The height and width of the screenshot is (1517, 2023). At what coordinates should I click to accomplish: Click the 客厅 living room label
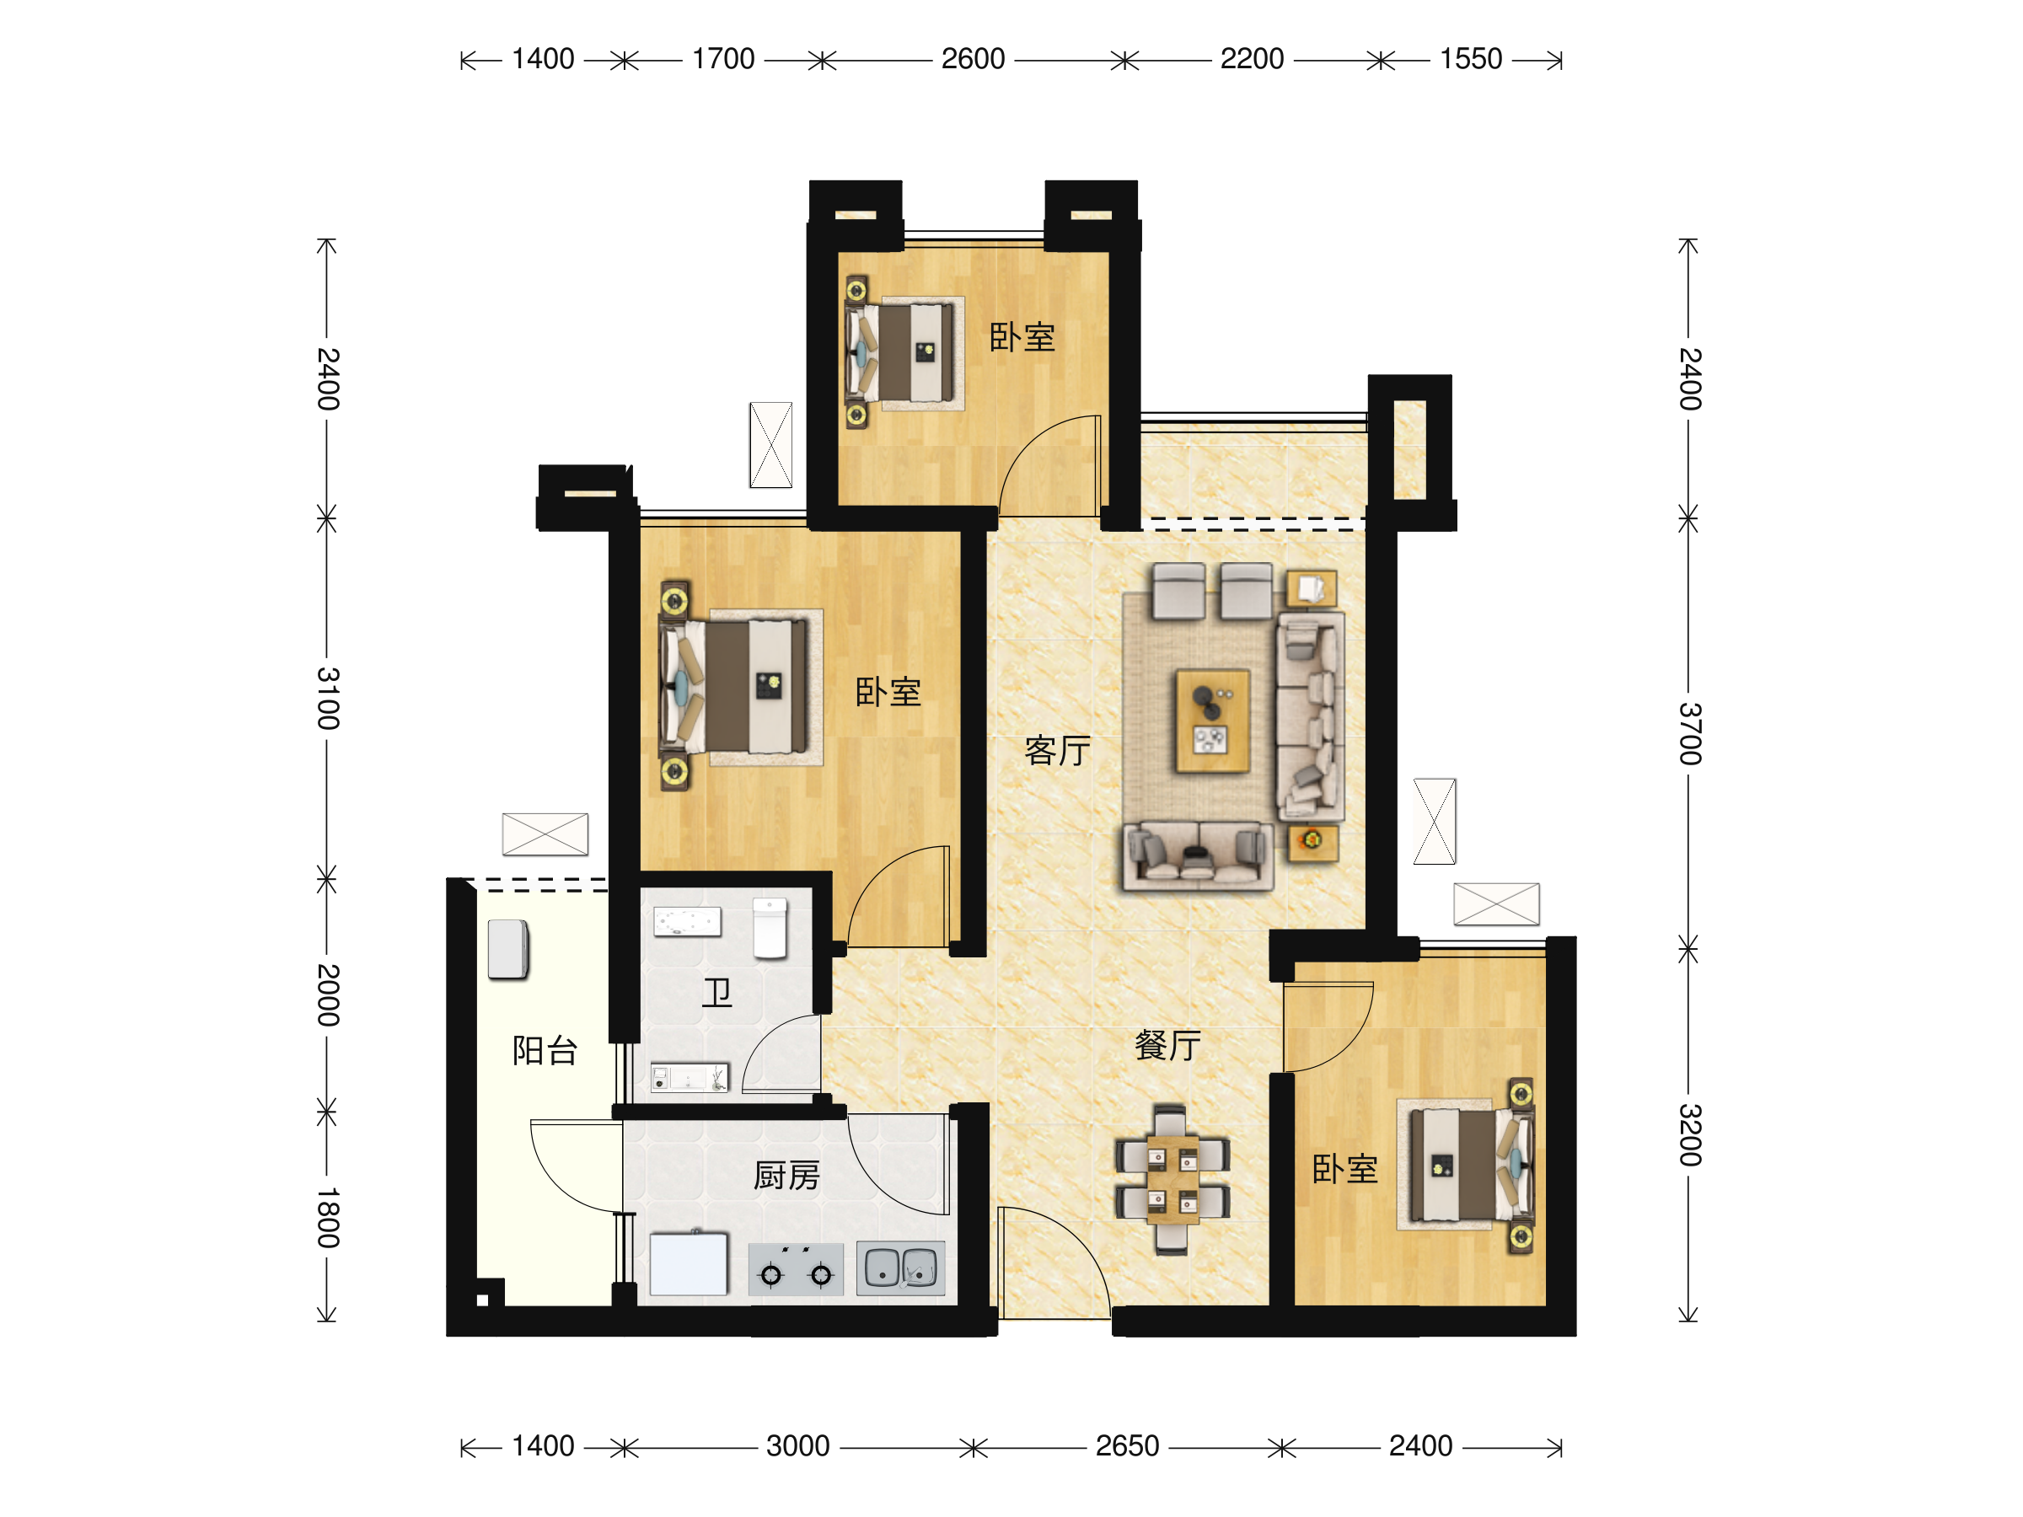[1058, 751]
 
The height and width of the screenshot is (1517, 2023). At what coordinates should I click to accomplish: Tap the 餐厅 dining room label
[1168, 1044]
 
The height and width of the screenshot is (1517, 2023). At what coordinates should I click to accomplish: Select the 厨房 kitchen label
[786, 1175]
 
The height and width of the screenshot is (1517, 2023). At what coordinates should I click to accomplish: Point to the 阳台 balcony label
[545, 1051]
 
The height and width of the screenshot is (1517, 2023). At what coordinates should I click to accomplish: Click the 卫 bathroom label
[717, 992]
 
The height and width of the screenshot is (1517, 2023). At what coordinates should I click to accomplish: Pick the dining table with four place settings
[1172, 1180]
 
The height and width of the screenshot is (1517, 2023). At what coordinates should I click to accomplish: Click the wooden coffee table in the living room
[1213, 721]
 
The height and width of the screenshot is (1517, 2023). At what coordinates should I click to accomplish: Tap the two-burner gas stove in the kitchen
[796, 1269]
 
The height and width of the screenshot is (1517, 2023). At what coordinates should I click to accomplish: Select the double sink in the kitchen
[901, 1268]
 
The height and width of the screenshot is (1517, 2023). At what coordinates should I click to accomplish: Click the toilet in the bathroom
[770, 928]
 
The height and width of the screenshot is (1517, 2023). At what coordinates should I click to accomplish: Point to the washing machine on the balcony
[508, 950]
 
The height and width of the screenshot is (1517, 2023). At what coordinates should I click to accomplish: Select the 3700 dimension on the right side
[1689, 733]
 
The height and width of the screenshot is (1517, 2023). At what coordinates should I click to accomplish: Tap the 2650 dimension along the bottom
[1128, 1445]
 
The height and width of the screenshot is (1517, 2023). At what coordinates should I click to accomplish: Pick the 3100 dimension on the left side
[327, 699]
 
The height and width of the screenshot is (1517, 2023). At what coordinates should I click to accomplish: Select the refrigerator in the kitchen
[689, 1263]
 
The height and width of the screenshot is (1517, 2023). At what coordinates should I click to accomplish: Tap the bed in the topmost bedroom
[902, 352]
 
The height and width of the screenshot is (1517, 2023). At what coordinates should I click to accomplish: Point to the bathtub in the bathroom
[688, 922]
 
